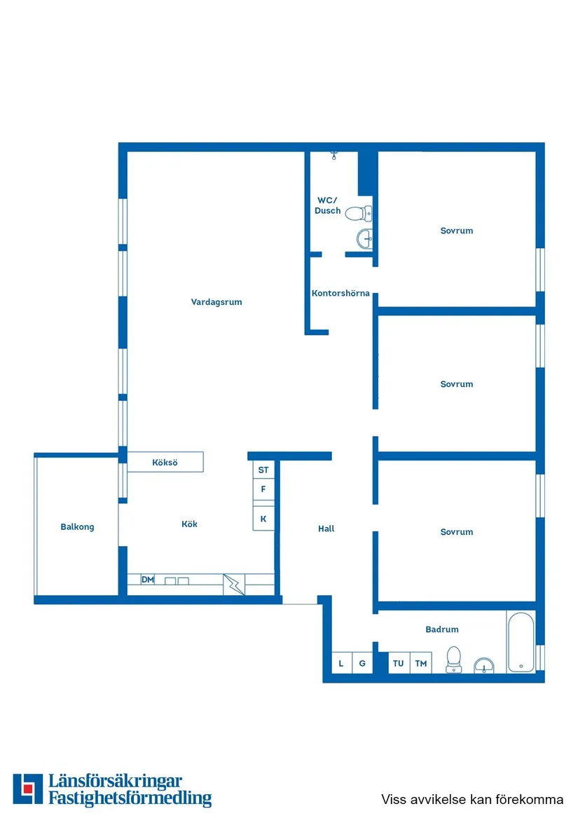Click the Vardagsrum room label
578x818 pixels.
click(216, 302)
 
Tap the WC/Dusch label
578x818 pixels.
click(327, 205)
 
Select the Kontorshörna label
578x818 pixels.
click(340, 293)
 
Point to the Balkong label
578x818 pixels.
click(77, 526)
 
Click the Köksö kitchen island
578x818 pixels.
click(165, 463)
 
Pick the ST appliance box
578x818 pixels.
click(263, 470)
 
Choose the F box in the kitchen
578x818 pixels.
click(263, 489)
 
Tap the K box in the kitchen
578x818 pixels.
click(263, 519)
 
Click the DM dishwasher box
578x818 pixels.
click(148, 580)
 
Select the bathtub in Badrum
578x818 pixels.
click(521, 642)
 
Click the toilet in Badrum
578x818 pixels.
click(454, 659)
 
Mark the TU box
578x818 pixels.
click(399, 663)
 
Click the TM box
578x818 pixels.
click(420, 663)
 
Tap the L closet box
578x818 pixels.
click(341, 663)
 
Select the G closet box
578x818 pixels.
click(362, 663)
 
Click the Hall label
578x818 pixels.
click(326, 529)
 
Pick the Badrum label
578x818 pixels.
click(442, 629)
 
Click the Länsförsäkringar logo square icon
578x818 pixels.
click(28, 789)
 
